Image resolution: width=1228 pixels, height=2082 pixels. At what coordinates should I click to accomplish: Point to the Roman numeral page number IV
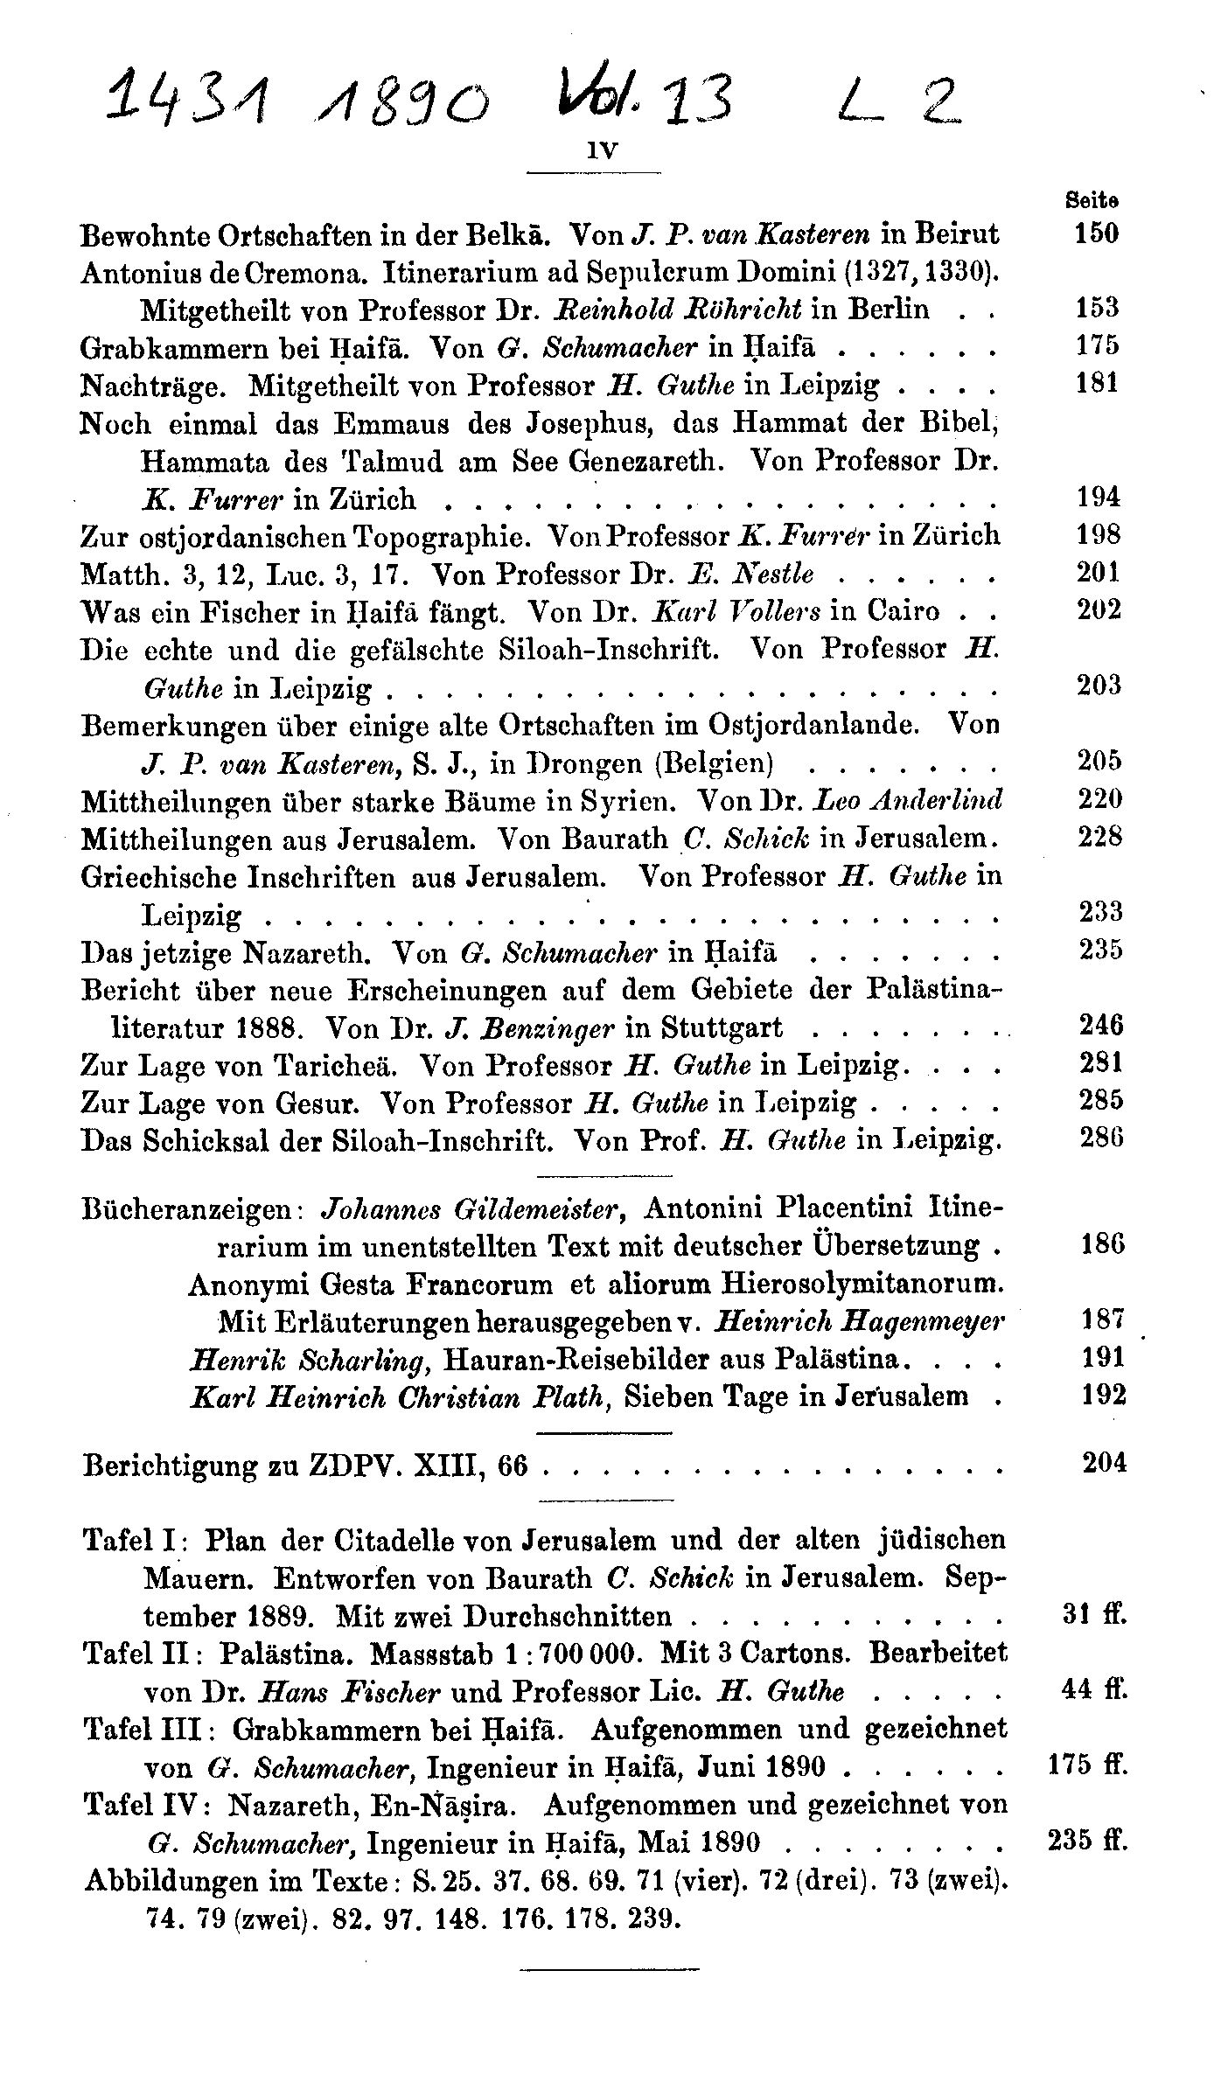pos(603,150)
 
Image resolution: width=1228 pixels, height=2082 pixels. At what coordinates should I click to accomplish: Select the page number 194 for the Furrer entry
pos(1099,497)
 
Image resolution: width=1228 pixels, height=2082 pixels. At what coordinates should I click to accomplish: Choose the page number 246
pos(1100,1024)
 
